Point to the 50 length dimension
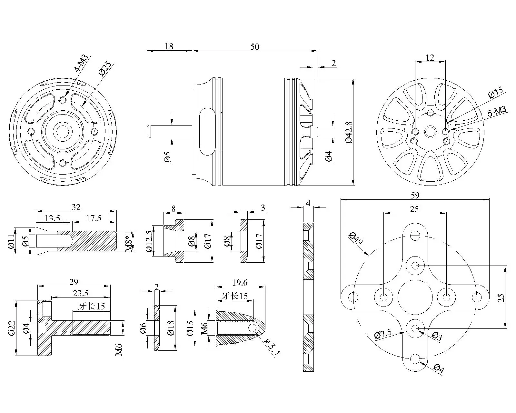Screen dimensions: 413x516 click(x=254, y=46)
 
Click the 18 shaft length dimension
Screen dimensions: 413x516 click(x=169, y=46)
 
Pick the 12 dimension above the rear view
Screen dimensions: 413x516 click(x=430, y=57)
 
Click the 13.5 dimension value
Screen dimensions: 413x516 click(x=53, y=218)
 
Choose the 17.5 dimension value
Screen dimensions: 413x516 click(x=94, y=218)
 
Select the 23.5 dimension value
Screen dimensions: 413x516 click(x=80, y=293)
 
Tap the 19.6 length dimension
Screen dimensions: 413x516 click(x=240, y=283)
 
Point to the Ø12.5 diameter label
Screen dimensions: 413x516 click(x=149, y=241)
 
